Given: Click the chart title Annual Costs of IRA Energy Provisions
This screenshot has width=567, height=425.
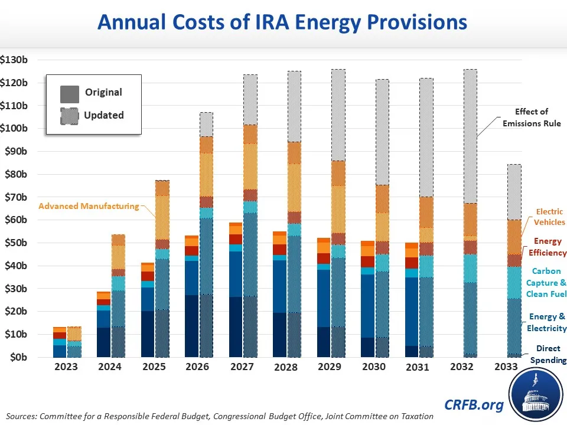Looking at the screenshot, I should [x=282, y=23].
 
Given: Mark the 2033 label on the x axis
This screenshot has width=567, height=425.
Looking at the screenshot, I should [x=506, y=367].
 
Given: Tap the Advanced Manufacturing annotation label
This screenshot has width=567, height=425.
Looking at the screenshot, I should [x=89, y=206].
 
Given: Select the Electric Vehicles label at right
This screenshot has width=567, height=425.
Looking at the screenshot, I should [x=549, y=217].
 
